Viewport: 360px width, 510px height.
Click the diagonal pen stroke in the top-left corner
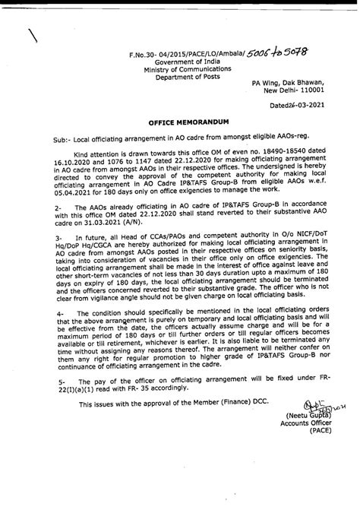[x=33, y=36]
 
